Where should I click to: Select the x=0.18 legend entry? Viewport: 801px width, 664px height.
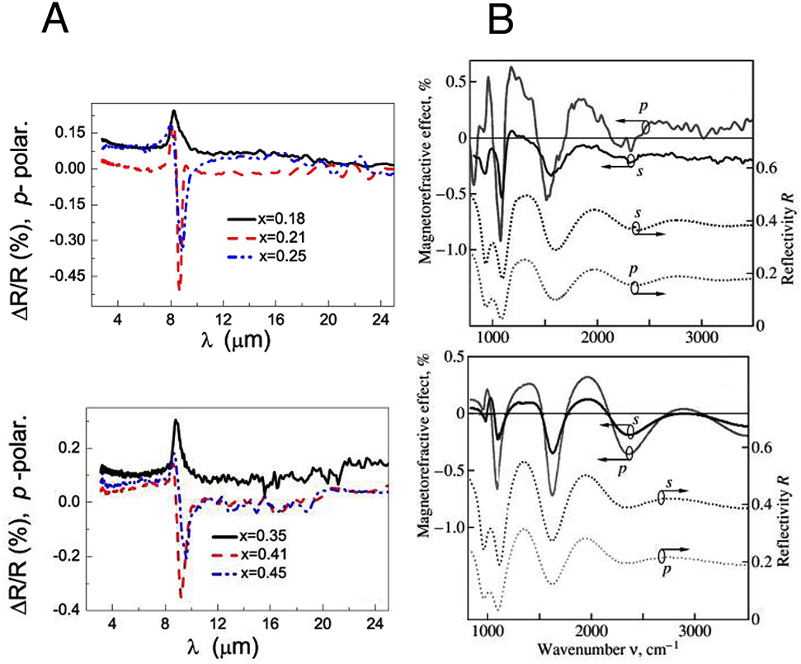[x=260, y=219]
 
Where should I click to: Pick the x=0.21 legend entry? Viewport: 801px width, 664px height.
[x=260, y=236]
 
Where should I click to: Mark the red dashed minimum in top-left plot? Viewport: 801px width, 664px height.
[x=179, y=287]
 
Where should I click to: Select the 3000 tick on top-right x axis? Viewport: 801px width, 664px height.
[x=701, y=339]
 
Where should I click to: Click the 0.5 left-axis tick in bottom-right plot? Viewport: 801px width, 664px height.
[x=449, y=357]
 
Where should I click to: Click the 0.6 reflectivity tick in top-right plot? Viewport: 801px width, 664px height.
[x=766, y=168]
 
